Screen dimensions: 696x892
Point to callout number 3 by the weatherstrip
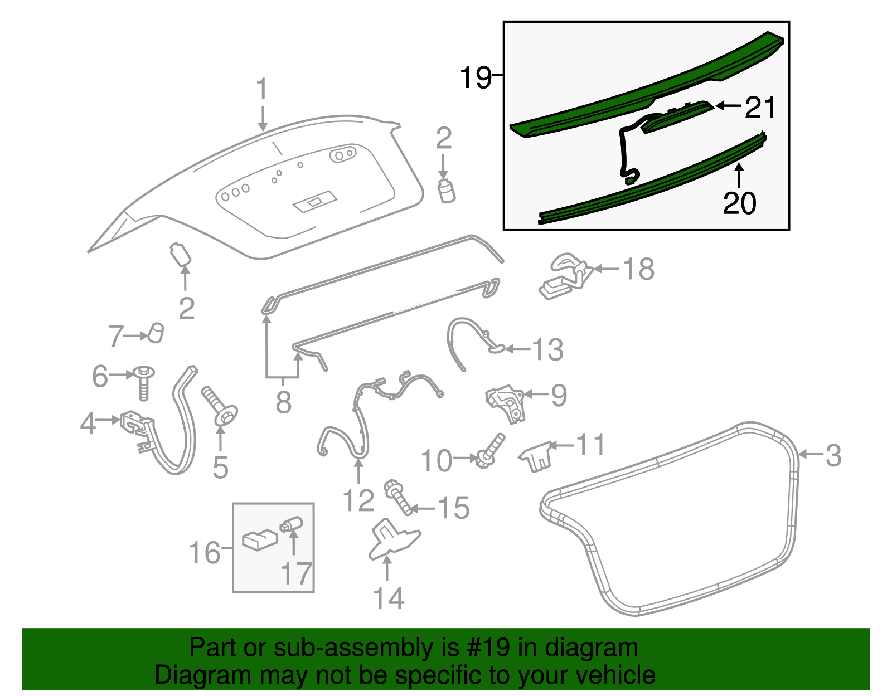(x=833, y=455)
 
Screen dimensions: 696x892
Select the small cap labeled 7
(x=156, y=333)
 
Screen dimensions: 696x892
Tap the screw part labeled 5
(x=221, y=408)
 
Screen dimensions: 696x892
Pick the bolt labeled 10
(x=490, y=451)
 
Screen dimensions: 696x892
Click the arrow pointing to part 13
(x=516, y=349)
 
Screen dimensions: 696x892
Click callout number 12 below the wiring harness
(x=358, y=500)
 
